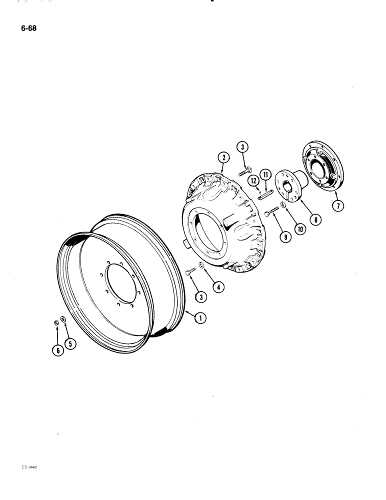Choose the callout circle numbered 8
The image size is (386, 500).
(x=315, y=218)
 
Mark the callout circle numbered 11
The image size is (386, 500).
(x=265, y=174)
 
